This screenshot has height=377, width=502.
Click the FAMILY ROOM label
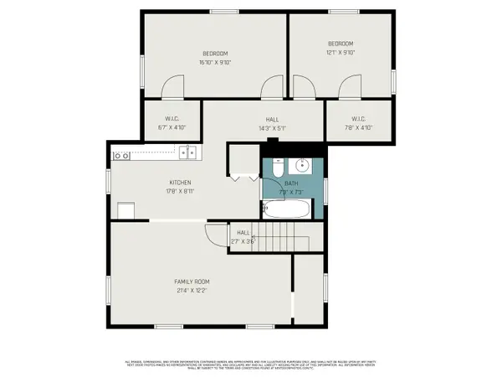pos(192,281)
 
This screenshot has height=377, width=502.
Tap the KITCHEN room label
pos(181,182)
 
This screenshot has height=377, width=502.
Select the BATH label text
pos(290,183)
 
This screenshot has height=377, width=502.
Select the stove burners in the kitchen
pos(122,154)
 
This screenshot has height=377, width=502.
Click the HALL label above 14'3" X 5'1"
pos(272,119)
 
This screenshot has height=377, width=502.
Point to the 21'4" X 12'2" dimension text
pos(192,291)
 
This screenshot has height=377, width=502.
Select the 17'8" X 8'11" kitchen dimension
pos(181,191)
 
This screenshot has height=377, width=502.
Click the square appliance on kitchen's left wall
pos(126,210)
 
